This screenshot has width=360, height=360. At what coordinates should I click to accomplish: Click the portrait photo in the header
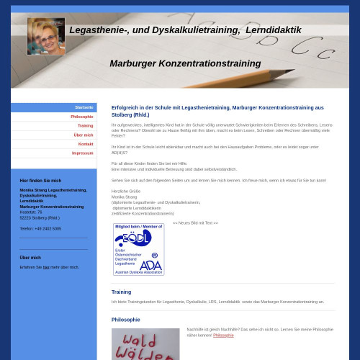(46, 37)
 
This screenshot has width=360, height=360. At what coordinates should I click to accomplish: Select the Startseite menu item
(84, 107)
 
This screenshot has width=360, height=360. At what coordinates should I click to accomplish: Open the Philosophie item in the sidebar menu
(81, 117)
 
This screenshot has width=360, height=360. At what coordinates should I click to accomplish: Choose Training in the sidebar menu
(85, 125)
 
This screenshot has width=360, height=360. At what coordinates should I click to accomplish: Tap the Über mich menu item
(83, 135)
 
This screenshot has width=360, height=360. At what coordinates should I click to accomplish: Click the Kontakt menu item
(86, 144)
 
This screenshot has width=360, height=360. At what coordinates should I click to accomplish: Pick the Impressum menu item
(82, 153)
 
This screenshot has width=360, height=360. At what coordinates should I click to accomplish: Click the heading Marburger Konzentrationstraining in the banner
(185, 64)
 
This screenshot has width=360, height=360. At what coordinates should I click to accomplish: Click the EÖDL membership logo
(138, 249)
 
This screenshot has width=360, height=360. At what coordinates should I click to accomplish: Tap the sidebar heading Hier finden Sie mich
(40, 181)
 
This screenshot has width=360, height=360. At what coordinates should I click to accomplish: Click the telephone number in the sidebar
(40, 228)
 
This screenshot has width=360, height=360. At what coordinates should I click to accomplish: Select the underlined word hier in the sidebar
(46, 267)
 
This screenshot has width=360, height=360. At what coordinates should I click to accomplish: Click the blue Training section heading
(121, 292)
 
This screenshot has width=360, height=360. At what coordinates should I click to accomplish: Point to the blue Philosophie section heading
(125, 320)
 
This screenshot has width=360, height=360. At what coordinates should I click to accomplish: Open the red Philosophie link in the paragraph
(223, 336)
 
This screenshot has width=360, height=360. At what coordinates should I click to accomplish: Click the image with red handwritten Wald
(145, 344)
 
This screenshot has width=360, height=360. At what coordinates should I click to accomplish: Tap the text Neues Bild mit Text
(195, 222)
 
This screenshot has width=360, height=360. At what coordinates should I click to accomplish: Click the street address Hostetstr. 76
(31, 212)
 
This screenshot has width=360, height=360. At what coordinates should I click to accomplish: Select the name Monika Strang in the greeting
(124, 197)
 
